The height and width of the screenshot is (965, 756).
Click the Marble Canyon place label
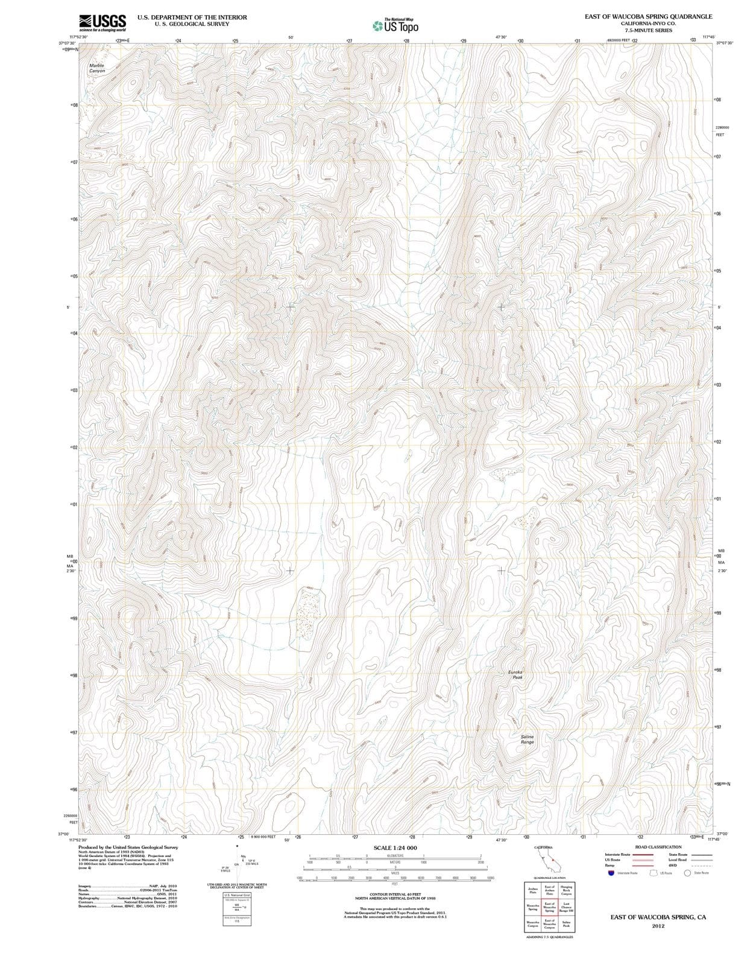(96, 68)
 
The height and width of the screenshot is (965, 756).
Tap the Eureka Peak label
(517, 674)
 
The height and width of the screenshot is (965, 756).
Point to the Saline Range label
(528, 739)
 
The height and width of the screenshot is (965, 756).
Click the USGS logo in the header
(102, 23)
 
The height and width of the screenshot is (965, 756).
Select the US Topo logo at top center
(395, 26)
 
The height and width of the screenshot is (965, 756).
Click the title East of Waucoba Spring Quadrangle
(648, 16)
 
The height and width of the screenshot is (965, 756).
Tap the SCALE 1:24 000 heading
(395, 848)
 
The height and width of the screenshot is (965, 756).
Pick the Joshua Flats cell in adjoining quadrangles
(533, 891)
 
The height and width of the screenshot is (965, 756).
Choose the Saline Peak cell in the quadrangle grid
(567, 924)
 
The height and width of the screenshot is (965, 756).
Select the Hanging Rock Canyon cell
(567, 891)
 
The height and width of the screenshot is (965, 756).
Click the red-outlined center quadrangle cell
(550, 907)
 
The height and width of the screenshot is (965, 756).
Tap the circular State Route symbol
(687, 873)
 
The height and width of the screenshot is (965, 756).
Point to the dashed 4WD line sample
(701, 865)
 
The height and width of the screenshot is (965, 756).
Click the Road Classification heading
(658, 847)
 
